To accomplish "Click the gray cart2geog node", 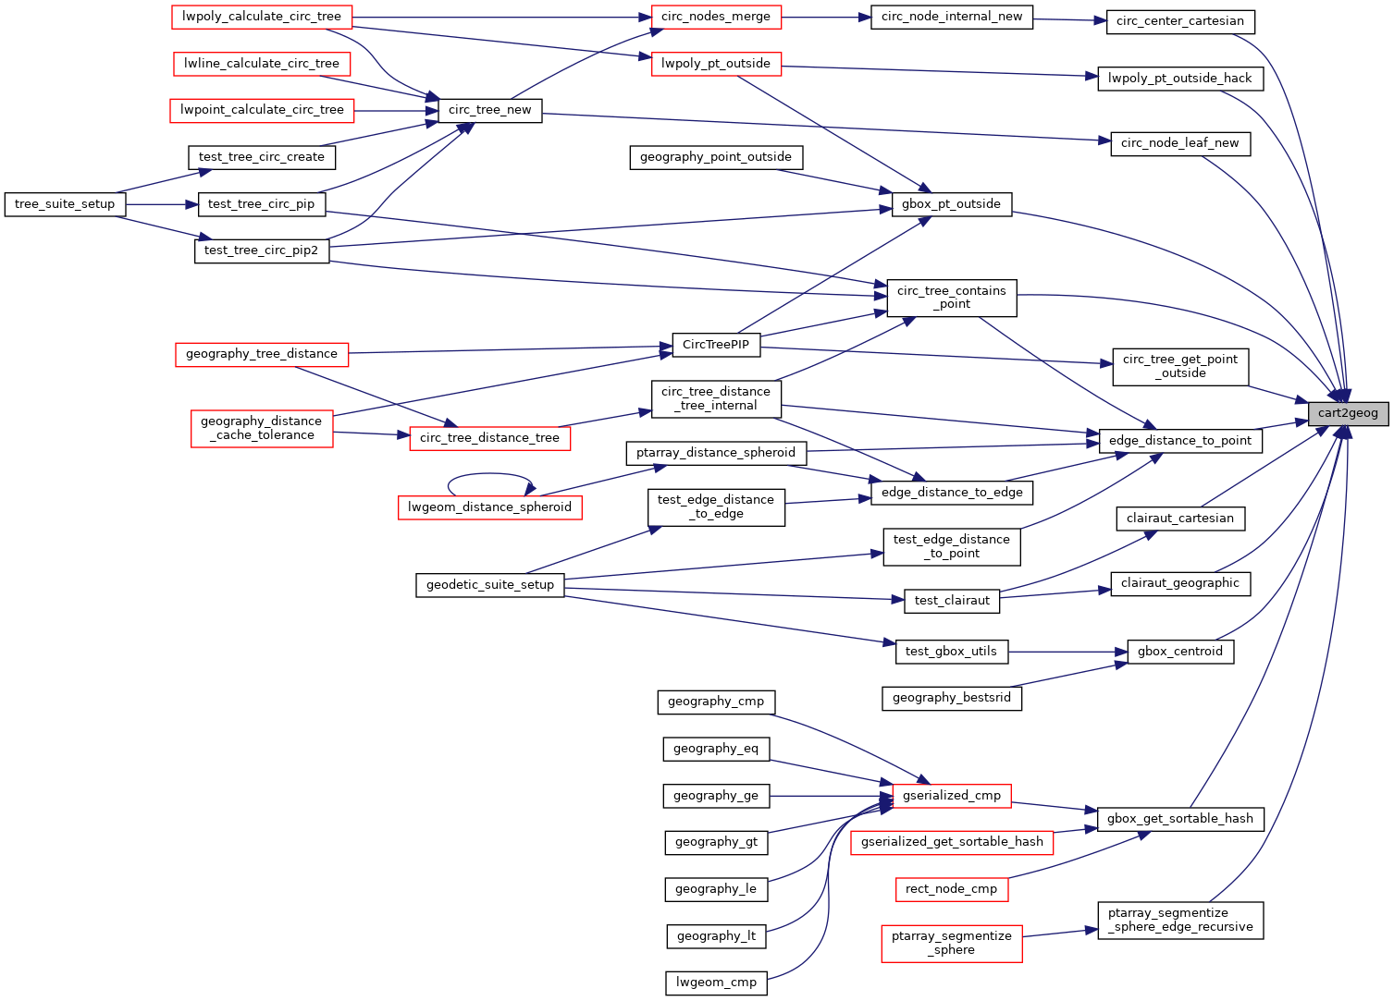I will click(1348, 413).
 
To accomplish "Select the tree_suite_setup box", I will click(65, 204).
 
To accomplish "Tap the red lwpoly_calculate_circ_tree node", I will click(262, 17).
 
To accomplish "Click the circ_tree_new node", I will click(489, 110).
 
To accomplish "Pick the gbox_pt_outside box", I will click(952, 204).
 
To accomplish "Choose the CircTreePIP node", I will click(716, 345).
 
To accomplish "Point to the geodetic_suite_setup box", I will click(490, 585).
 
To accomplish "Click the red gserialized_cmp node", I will click(952, 796).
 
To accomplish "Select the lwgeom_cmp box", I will click(716, 983).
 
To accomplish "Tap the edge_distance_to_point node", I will click(1179, 441).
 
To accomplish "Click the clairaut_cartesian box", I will click(1180, 519).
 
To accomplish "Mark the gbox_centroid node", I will click(1180, 652).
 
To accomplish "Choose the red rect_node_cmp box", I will click(952, 889).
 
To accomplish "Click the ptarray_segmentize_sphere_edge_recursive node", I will click(1180, 921).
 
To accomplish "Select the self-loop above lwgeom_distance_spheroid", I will click(490, 476).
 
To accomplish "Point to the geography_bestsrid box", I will click(952, 698).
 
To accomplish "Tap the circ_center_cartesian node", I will click(1180, 21).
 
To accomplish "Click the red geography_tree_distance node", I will click(262, 354).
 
